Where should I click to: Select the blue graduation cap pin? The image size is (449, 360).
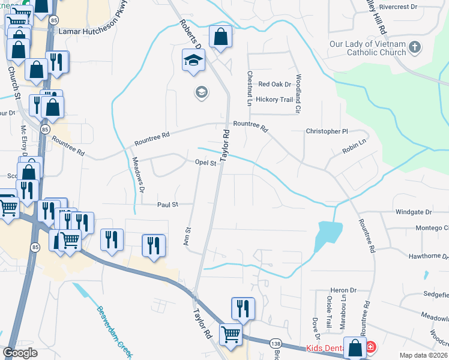(x=194, y=60)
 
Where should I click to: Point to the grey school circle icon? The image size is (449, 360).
(x=201, y=92)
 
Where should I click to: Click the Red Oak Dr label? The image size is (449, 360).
(x=274, y=85)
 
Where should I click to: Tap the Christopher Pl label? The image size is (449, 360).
(x=327, y=131)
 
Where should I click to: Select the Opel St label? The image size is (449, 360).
(x=205, y=163)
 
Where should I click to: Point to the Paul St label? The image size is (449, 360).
(x=167, y=205)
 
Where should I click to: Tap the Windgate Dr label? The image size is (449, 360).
(x=414, y=212)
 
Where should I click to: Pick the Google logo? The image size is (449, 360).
(x=20, y=353)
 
